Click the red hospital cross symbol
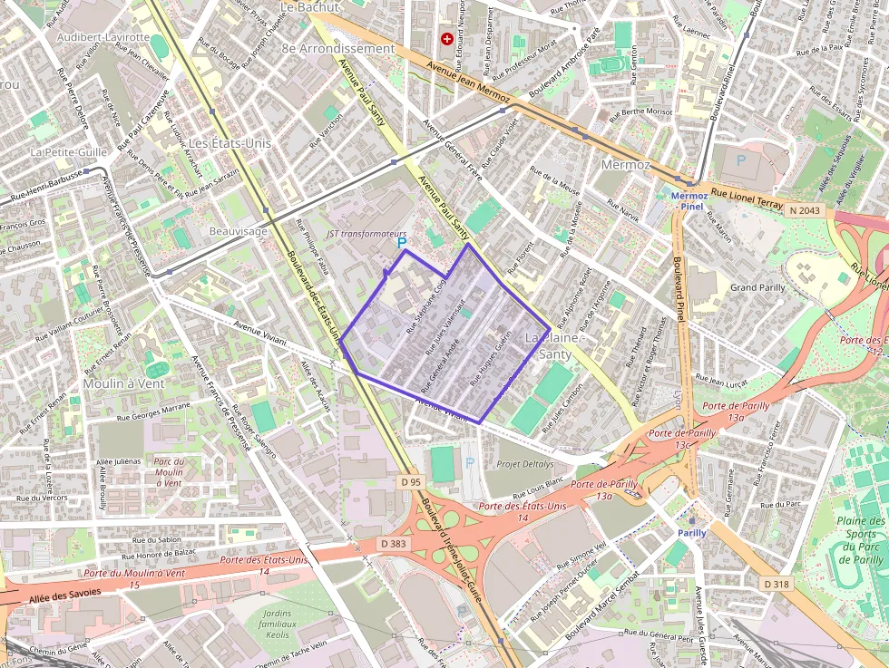(x=446, y=39)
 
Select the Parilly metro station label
(x=692, y=533)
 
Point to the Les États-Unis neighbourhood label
(x=230, y=142)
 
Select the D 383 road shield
(x=393, y=542)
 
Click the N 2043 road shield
(x=804, y=209)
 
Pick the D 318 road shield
(x=776, y=584)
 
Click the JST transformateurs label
(x=366, y=233)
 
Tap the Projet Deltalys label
(x=524, y=463)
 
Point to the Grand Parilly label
(x=757, y=287)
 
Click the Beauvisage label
(x=239, y=232)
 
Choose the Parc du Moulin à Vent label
(x=169, y=471)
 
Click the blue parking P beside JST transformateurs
(x=402, y=243)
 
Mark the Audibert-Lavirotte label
(x=103, y=37)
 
